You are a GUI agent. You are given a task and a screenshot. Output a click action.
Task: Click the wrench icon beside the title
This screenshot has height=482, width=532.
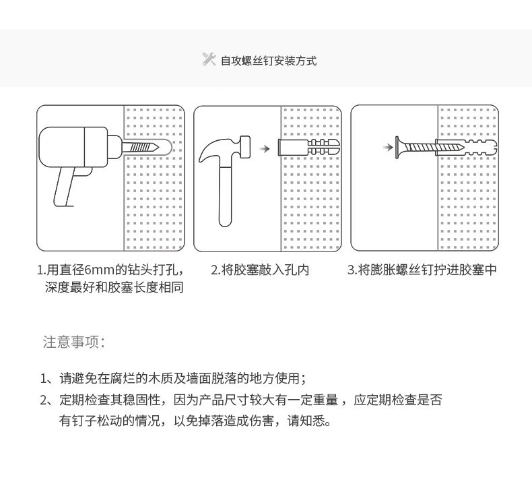pyautogui.click(x=209, y=59)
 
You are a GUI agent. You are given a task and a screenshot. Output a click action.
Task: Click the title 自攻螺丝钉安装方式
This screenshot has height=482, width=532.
pyautogui.click(x=269, y=61)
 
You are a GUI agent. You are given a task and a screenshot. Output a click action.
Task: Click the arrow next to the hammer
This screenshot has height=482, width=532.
pyautogui.click(x=265, y=148)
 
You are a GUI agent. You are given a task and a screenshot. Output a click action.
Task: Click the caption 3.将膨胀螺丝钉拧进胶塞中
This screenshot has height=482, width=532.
pyautogui.click(x=422, y=270)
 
